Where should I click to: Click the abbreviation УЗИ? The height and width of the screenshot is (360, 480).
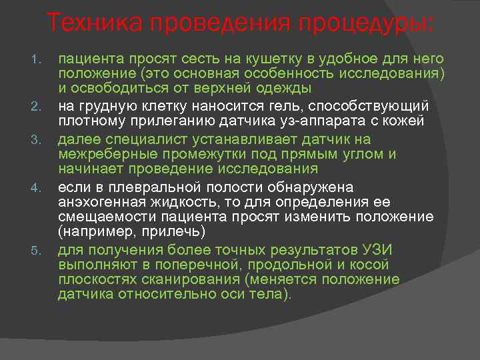point(377,250)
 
